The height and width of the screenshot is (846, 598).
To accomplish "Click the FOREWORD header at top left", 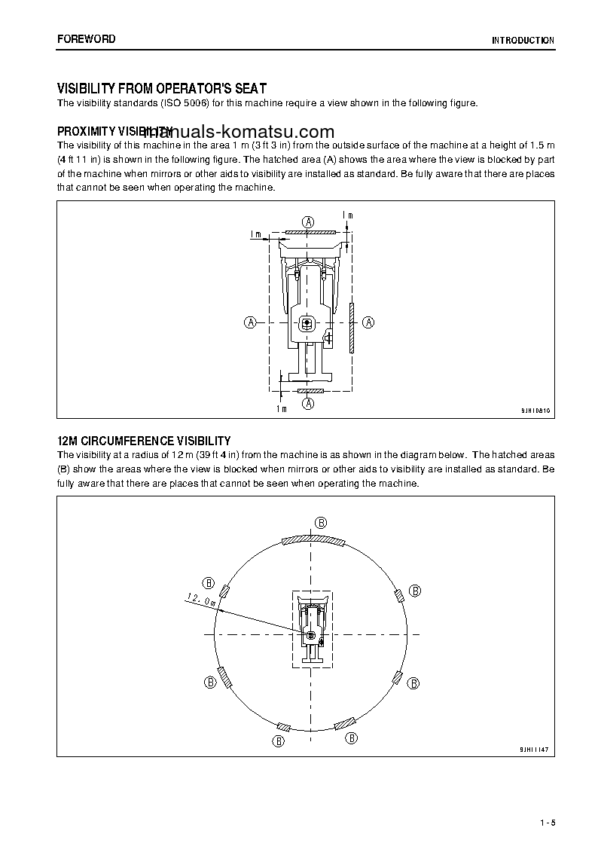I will [86, 39].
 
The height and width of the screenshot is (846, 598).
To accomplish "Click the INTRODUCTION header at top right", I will [523, 41].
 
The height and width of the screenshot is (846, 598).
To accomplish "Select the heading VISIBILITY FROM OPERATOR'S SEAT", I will [162, 88].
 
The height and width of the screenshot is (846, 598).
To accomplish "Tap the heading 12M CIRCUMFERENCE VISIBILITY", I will [144, 441].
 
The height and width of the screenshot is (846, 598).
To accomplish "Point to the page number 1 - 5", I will [546, 822].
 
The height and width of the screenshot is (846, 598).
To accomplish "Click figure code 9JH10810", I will [535, 411].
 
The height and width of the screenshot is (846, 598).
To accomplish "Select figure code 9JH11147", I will [535, 750].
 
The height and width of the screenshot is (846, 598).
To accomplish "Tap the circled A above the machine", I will [308, 221].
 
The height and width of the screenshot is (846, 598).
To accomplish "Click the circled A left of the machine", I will [250, 322].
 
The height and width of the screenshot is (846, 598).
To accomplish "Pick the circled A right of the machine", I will [368, 322].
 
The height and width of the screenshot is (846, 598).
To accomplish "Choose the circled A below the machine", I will [308, 404].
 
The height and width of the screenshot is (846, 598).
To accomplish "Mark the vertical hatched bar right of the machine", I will [351, 328].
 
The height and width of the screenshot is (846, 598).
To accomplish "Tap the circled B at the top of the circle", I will [320, 523].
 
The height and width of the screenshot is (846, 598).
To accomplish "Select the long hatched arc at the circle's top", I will [312, 540].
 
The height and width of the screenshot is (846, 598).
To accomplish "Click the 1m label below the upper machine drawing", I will [281, 408].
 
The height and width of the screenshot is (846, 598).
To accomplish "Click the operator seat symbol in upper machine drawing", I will [307, 324].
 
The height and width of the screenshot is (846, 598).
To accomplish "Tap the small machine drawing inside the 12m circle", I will [312, 629].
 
